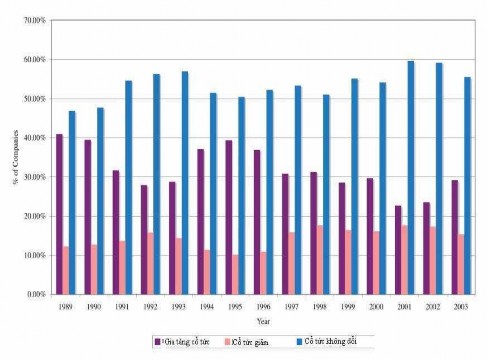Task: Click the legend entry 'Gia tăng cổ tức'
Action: (x=185, y=343)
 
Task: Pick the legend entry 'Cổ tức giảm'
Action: (x=250, y=343)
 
